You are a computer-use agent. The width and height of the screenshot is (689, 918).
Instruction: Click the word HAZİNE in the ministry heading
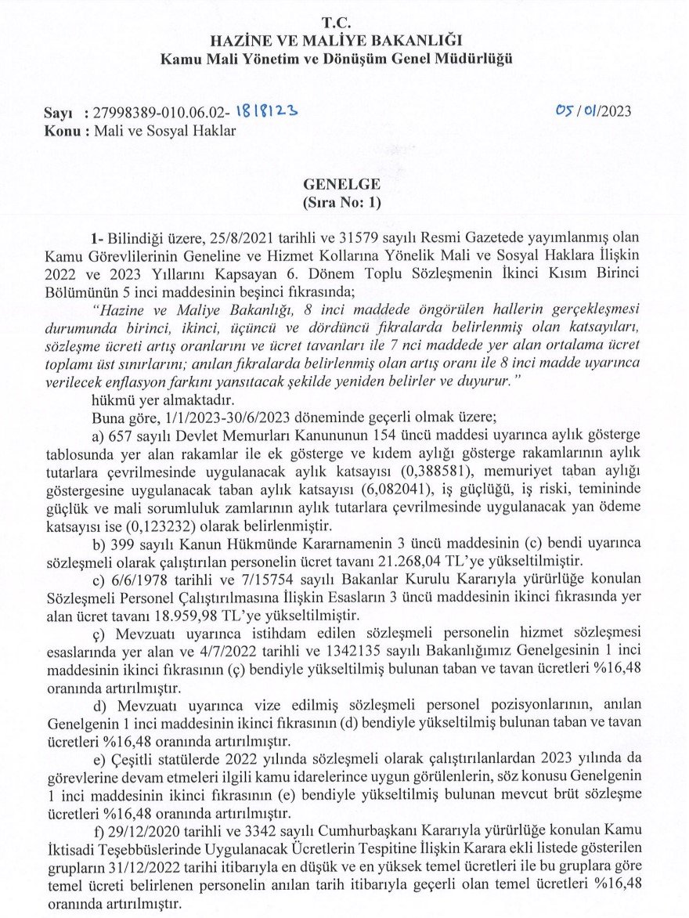coord(242,41)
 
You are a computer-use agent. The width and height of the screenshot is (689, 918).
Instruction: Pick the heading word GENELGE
coord(342,185)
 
